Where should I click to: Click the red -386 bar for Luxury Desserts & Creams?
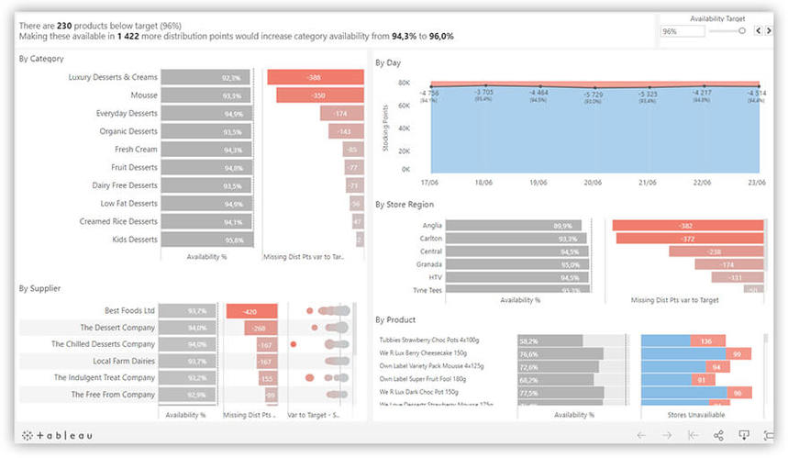coord(316,77)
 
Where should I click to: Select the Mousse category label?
coord(143,95)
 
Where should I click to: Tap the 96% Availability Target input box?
coord(683,31)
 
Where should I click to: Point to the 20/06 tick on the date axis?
coord(594,184)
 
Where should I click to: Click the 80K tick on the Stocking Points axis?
coord(403,83)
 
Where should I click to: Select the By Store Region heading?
coord(405,205)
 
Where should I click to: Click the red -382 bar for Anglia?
coord(687,226)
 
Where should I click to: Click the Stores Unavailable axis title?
coord(702,415)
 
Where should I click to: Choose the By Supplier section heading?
coord(39,288)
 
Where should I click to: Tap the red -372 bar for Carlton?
coord(690,239)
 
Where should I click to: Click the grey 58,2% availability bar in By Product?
coord(549,341)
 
